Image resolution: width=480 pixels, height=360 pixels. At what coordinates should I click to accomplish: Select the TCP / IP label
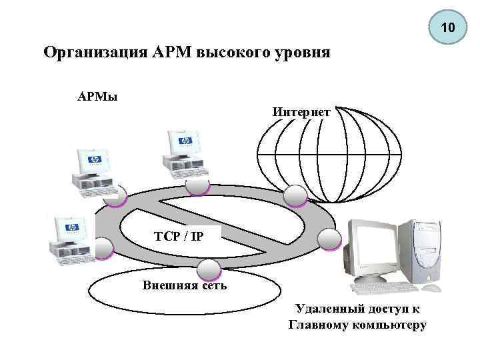point(179,235)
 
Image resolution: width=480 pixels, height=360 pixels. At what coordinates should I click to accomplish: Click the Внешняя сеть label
point(185,285)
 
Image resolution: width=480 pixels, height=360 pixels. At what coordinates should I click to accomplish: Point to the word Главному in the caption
point(318,325)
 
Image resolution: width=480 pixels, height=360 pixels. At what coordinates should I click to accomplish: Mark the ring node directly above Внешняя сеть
point(209,269)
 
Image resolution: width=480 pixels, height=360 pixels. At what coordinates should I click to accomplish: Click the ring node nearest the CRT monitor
point(329,239)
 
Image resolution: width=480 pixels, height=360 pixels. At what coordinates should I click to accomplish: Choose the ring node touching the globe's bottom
point(295,195)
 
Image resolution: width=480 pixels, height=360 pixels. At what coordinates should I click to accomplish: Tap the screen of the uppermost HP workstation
point(185,142)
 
